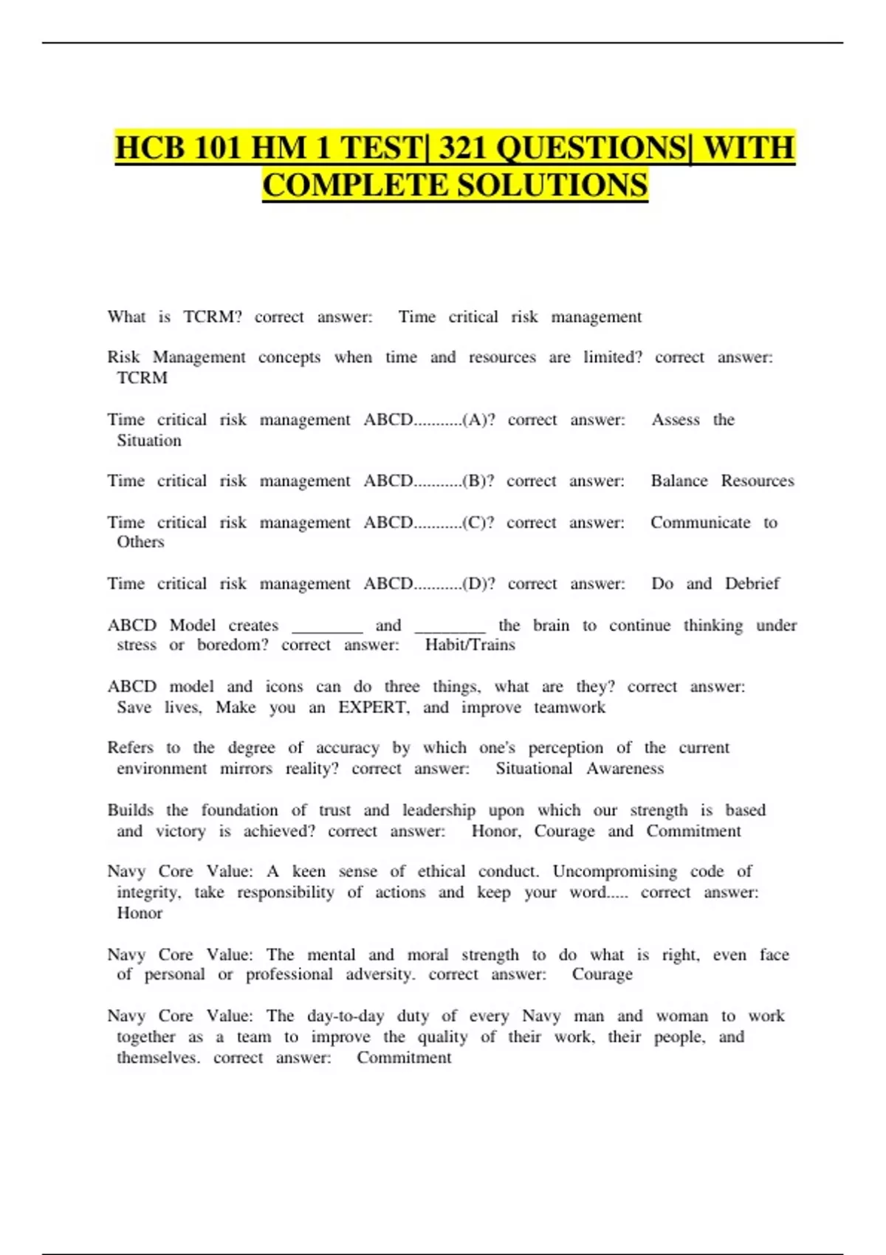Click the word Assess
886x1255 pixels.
click(x=675, y=420)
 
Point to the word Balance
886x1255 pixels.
click(x=679, y=481)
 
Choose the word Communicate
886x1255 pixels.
click(x=700, y=523)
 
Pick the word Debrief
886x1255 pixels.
click(x=752, y=584)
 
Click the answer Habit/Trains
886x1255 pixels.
click(x=470, y=645)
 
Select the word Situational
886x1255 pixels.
click(x=534, y=769)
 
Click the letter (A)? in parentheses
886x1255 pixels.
click(x=478, y=420)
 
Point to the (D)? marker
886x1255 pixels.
click(x=478, y=584)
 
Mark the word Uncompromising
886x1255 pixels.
click(x=614, y=871)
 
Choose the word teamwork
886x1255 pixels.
click(x=569, y=707)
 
